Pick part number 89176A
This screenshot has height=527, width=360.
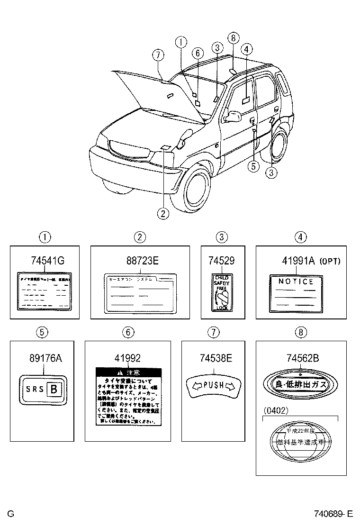42,358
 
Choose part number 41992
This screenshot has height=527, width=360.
127,358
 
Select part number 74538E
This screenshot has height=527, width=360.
214,358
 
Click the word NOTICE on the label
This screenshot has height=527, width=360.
296,282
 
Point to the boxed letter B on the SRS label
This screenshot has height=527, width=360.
54,390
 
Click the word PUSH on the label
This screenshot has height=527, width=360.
213,385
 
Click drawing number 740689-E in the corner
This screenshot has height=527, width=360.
333,513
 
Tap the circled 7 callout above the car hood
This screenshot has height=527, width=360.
159,55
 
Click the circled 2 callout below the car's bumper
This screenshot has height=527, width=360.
163,214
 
